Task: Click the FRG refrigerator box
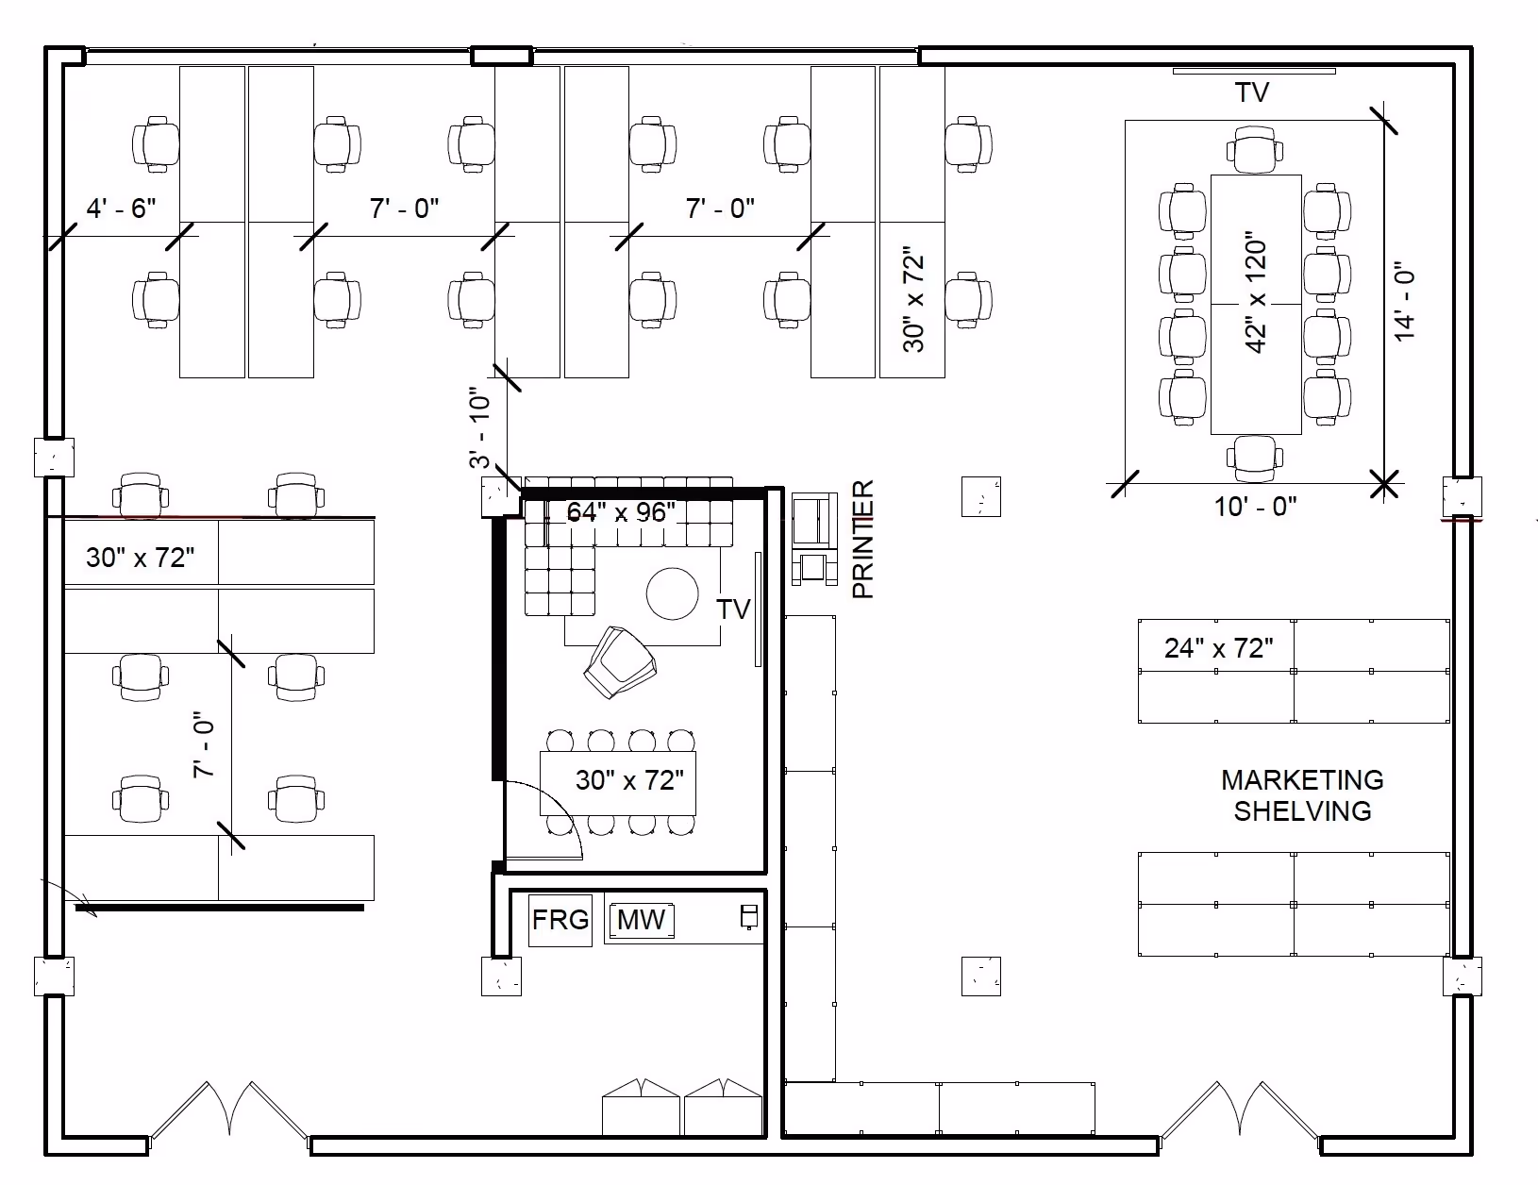tap(560, 920)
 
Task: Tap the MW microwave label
tap(641, 920)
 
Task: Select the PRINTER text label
tap(864, 540)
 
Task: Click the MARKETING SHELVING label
tap(1302, 795)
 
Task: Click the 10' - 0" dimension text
tap(1255, 507)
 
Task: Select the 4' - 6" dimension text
tap(121, 208)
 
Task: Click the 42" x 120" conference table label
tap(1256, 292)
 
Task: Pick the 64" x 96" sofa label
tap(621, 512)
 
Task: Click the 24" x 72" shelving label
tap(1218, 648)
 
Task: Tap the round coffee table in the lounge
tap(673, 592)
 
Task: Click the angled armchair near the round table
tap(619, 662)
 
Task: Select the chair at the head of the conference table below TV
tap(1255, 151)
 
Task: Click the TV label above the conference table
tap(1252, 92)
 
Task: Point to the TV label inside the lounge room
tap(733, 609)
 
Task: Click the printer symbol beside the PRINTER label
tap(814, 538)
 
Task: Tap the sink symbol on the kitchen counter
tap(749, 916)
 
